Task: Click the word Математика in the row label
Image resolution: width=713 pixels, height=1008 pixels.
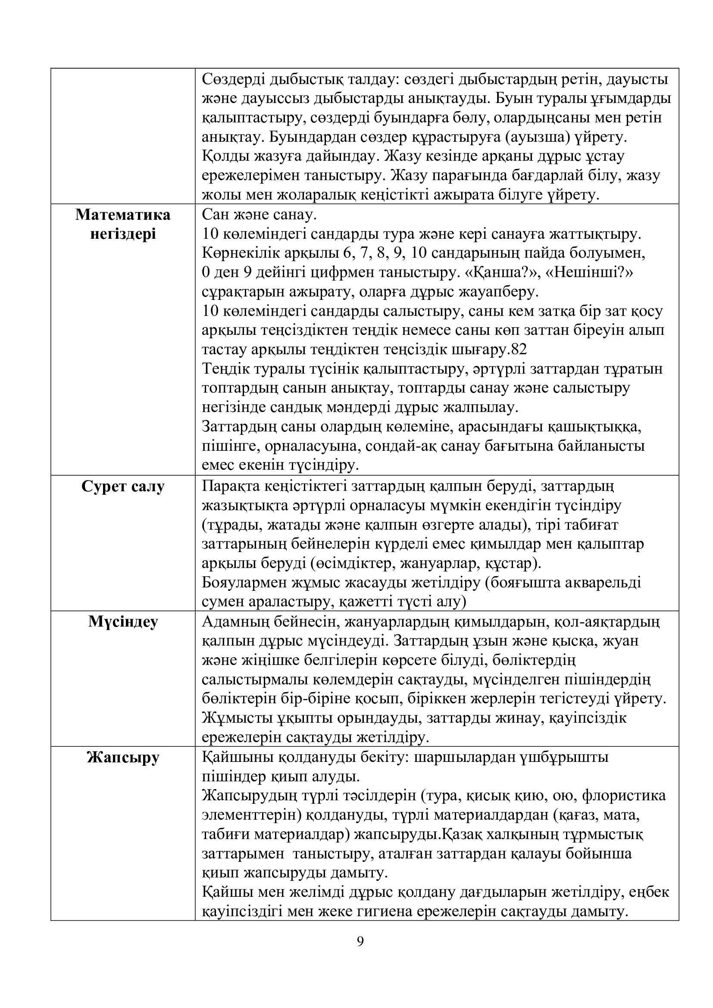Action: [x=123, y=215]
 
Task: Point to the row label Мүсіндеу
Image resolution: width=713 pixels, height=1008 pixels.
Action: [x=123, y=622]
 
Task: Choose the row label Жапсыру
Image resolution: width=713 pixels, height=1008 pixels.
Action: [x=123, y=758]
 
